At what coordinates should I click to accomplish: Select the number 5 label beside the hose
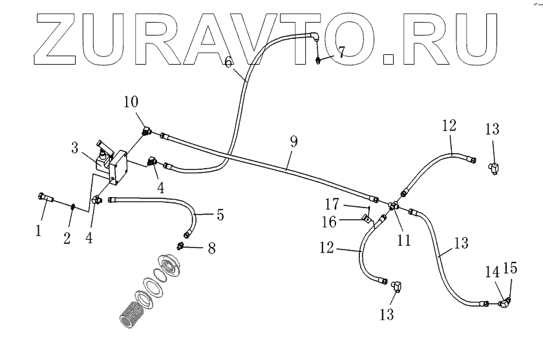click(x=220, y=215)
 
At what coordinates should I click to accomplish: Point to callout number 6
click(x=228, y=63)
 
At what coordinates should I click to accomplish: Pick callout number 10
click(x=132, y=101)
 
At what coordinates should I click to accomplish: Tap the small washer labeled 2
click(x=73, y=207)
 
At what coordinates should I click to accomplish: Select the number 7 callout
click(x=342, y=51)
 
